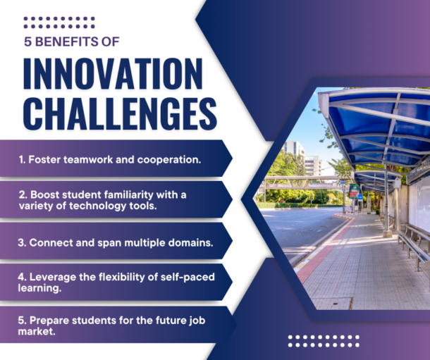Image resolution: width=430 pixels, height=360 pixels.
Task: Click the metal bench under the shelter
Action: (x=412, y=240)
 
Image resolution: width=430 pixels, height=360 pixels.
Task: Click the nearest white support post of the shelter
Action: (x=386, y=197)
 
